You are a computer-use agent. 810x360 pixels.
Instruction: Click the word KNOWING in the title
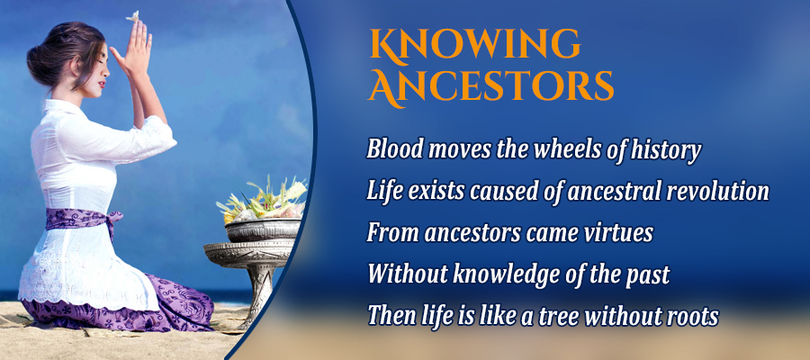(474, 44)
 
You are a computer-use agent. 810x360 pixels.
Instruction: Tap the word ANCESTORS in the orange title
(490, 86)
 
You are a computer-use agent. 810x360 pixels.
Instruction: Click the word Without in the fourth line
(407, 274)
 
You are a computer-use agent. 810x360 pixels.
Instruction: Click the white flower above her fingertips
(134, 16)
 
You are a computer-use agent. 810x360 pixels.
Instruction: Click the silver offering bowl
(264, 229)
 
